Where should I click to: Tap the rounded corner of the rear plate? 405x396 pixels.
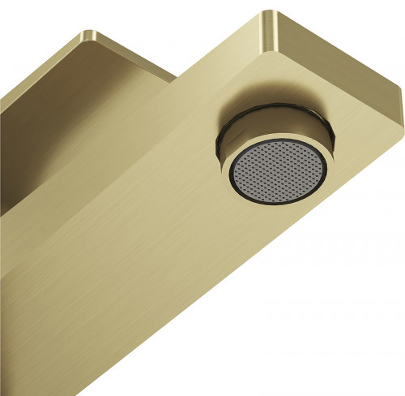(86, 36)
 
